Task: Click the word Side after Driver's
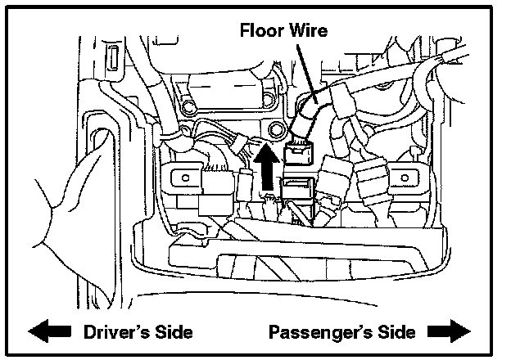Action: pyautogui.click(x=173, y=332)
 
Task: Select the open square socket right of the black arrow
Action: pyautogui.click(x=298, y=187)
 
